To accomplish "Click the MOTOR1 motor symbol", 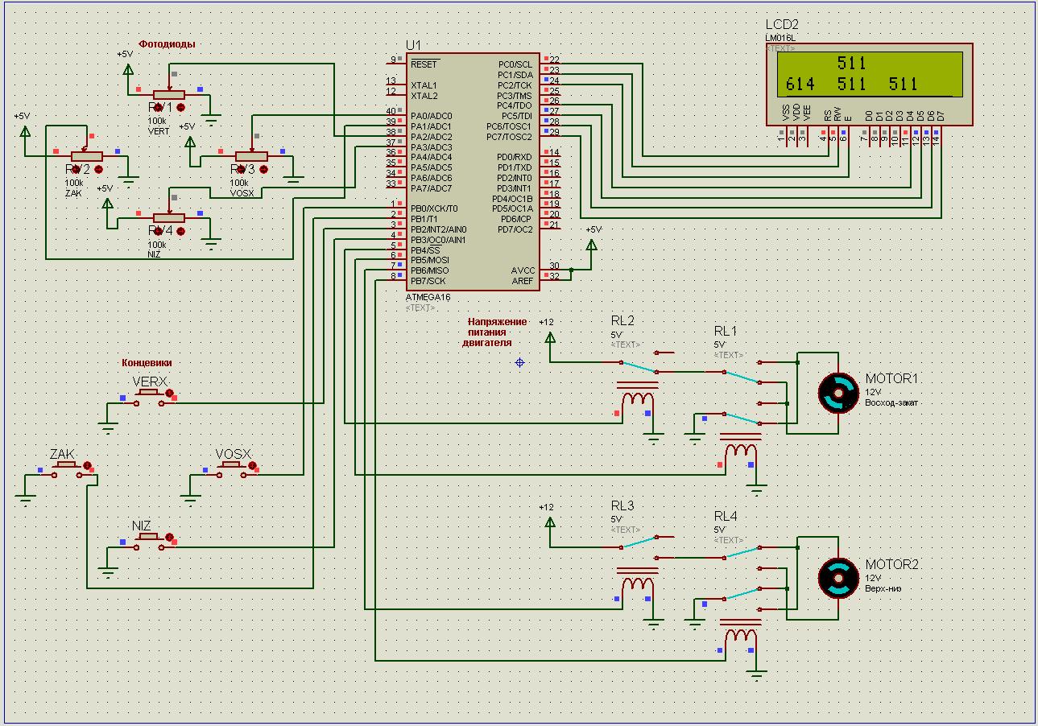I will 838,393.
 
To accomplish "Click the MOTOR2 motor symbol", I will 838,578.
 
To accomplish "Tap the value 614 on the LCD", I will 800,84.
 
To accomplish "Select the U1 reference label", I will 413,45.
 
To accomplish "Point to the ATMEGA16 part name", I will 428,297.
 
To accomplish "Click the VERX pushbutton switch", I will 149,394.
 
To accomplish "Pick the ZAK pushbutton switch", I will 65,468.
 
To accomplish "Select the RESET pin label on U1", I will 424,64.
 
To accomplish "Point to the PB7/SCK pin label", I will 428,281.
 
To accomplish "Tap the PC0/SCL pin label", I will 515,64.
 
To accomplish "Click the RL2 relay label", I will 622,320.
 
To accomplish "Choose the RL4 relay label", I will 725,516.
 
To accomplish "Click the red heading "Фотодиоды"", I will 167,44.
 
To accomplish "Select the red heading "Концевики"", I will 147,363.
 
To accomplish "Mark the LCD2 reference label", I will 782,24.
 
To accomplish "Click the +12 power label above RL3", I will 546,507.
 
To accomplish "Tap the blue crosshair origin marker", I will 519,362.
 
